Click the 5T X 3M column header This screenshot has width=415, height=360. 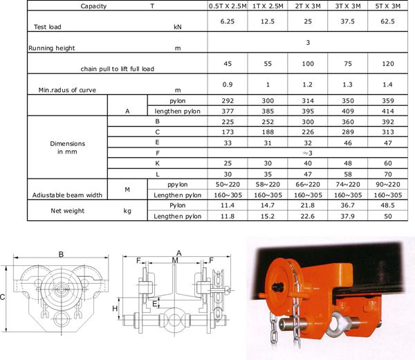[388, 6]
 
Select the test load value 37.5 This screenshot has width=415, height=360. [347, 21]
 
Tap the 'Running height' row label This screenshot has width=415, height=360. [52, 48]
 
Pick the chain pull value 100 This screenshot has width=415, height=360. [308, 64]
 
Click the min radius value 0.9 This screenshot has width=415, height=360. [228, 84]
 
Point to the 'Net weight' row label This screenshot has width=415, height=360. [68, 210]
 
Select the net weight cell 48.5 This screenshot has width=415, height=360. [388, 206]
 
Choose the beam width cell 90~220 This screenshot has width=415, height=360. [388, 184]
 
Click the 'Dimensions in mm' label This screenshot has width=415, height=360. [68, 147]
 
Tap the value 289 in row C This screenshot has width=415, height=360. [347, 132]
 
